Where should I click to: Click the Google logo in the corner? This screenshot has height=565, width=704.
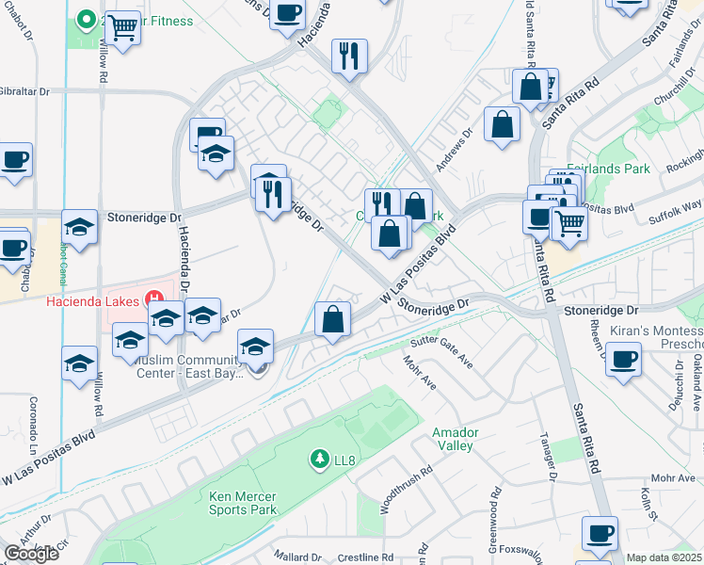[31, 554]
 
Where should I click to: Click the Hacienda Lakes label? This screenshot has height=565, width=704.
[94, 301]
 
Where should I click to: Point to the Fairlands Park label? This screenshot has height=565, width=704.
[610, 169]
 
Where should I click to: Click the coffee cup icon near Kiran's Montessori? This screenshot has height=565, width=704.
[623, 359]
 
